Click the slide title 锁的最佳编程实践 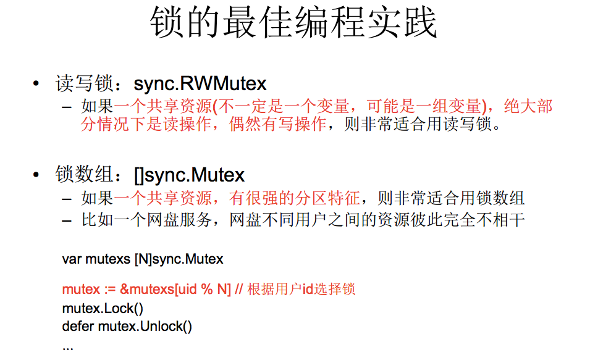pos(294,23)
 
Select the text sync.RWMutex pos(200,83)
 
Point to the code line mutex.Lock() pos(103,308)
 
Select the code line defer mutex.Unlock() pos(127,326)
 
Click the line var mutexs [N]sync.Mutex pos(143,259)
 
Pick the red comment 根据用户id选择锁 pos(301,289)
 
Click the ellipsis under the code pos(67,346)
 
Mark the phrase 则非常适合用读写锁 pos(419,124)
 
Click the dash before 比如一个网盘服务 pos(67,219)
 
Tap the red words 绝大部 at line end pos(528,106)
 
